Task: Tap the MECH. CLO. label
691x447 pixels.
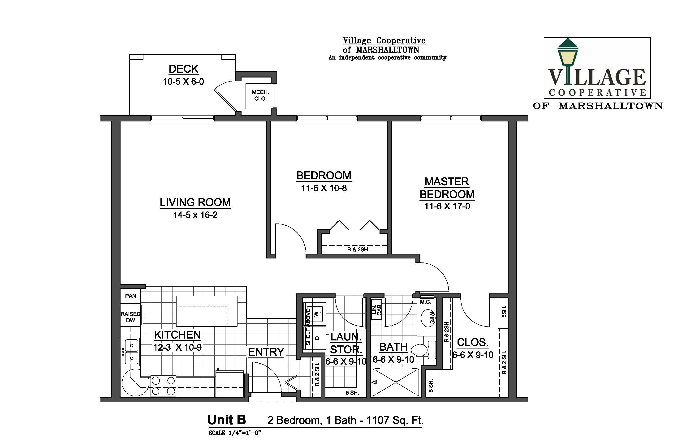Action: [x=260, y=95]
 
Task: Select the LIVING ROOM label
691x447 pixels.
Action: [x=195, y=202]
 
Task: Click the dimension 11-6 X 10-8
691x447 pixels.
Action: [x=324, y=188]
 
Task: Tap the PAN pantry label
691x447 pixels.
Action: [x=131, y=296]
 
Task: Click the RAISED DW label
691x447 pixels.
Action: [x=131, y=317]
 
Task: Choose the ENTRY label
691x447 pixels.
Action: [x=266, y=352]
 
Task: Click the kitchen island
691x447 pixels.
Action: [x=207, y=311]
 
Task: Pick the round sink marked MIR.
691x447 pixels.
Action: [x=428, y=318]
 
